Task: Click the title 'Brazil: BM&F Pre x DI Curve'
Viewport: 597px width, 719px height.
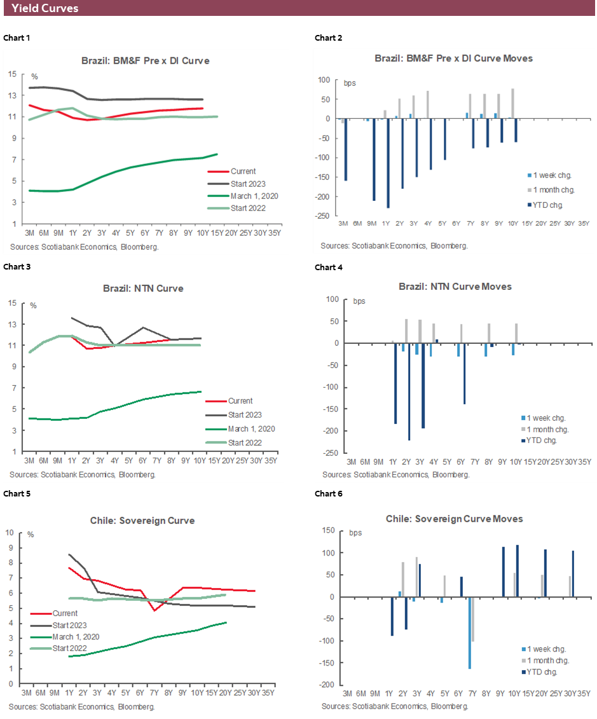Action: [145, 61]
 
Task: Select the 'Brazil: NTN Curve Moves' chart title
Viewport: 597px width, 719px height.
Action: [455, 287]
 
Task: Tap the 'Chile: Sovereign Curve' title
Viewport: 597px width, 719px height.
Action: [143, 521]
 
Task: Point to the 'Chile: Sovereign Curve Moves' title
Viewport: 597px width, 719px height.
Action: [454, 519]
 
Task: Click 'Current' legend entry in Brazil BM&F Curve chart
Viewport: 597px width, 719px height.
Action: [243, 171]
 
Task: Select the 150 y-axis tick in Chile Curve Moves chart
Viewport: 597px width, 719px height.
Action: [329, 531]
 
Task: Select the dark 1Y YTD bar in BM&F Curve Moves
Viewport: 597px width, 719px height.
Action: [388, 163]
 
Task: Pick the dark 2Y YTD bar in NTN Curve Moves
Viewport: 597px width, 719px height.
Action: [409, 392]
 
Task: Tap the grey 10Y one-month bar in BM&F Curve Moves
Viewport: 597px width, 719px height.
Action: [512, 104]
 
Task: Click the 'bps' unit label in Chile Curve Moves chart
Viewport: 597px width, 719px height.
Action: [355, 533]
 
